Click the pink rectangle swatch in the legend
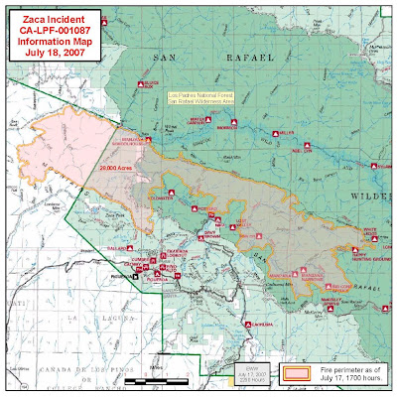299,374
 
